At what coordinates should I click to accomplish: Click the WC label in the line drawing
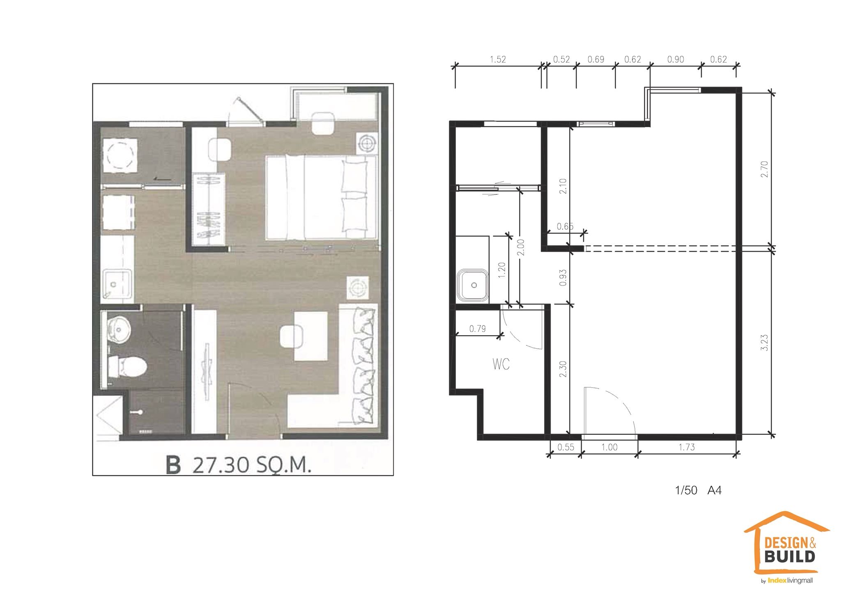[501, 364]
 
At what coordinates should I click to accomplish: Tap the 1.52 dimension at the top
[498, 59]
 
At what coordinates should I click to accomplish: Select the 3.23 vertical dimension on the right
[764, 343]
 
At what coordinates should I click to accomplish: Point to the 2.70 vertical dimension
[764, 169]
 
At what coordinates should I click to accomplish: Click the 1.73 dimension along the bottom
[687, 447]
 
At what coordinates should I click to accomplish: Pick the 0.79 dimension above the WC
[478, 329]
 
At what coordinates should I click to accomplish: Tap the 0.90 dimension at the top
[676, 59]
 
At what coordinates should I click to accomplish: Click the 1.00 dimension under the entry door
[609, 447]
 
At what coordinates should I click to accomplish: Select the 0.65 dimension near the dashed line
[565, 226]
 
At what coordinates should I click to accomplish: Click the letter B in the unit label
[173, 466]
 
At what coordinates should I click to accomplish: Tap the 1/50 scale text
[686, 491]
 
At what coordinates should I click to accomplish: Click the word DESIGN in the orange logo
[785, 544]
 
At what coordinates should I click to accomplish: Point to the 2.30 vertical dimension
[563, 369]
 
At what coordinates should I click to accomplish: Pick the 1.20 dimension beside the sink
[501, 270]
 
